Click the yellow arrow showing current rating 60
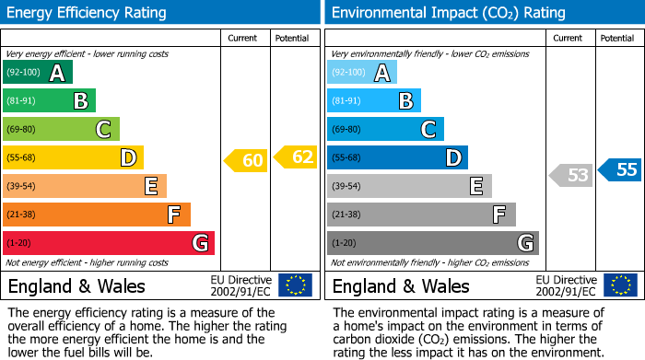(246, 161)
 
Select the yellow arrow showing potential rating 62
(296, 157)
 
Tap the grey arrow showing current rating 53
(571, 175)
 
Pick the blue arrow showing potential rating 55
(620, 169)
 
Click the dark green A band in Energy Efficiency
(38, 73)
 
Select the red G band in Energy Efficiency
(109, 243)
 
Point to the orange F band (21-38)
(97, 215)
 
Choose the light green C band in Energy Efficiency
(61, 130)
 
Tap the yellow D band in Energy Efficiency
(73, 157)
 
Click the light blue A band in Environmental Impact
(362, 73)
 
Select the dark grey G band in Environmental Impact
(432, 243)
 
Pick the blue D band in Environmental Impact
(397, 157)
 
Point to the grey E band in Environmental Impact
(409, 186)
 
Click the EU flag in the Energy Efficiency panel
(295, 285)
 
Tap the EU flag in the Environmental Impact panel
(619, 285)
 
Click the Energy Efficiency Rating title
(88, 13)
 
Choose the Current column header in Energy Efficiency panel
(244, 38)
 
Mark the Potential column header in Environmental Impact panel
(617, 38)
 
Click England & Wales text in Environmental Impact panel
(401, 286)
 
